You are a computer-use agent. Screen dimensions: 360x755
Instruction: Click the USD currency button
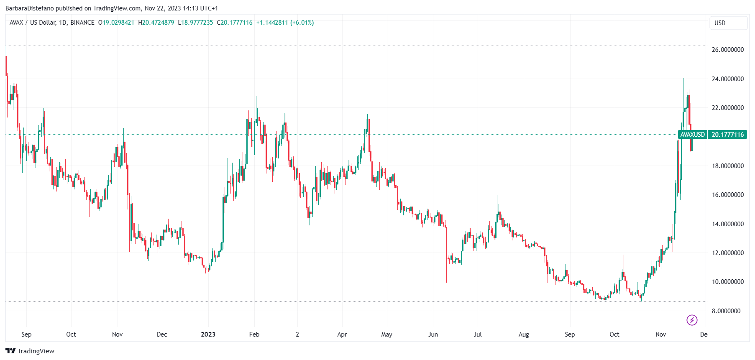(x=728, y=23)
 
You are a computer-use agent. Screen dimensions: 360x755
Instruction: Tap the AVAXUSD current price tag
(x=712, y=135)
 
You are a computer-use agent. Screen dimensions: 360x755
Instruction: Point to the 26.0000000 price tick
(x=727, y=50)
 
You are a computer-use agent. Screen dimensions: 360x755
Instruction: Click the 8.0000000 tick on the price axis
(x=726, y=311)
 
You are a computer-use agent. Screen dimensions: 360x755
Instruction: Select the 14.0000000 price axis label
(x=727, y=224)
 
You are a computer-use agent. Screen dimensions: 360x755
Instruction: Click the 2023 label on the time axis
(x=208, y=334)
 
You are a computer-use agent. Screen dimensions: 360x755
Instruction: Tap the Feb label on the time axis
(x=254, y=334)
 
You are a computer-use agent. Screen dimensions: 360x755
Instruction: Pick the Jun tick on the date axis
(x=433, y=334)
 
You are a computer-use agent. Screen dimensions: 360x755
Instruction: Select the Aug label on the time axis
(x=523, y=334)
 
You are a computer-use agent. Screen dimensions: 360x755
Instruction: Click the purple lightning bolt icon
(x=692, y=320)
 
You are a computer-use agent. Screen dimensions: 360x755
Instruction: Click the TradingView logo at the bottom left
(x=30, y=351)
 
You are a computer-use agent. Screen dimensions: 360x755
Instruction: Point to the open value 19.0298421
(x=118, y=23)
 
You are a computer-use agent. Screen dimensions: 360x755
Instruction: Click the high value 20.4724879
(x=158, y=23)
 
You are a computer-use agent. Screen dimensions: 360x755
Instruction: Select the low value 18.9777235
(x=197, y=23)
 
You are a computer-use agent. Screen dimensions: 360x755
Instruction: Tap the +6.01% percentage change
(x=302, y=23)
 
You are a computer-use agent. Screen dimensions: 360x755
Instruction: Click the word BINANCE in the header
(x=82, y=23)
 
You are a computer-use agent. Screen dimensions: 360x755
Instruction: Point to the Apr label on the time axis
(x=342, y=334)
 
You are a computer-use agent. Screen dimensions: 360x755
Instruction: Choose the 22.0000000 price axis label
(x=727, y=108)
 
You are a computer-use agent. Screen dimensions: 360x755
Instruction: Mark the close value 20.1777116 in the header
(x=236, y=23)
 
